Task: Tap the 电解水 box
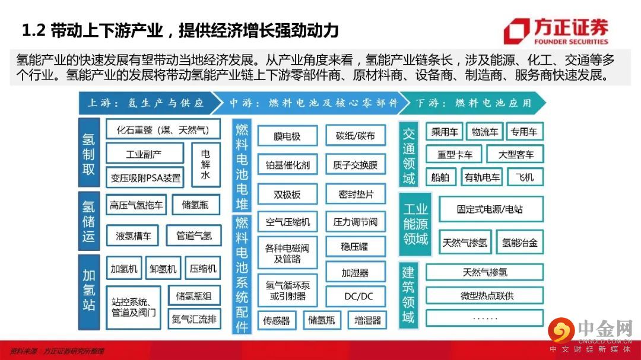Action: [205, 164]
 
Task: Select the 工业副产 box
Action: [144, 154]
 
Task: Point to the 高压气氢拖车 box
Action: [136, 205]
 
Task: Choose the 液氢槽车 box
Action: [133, 235]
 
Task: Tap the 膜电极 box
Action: [287, 136]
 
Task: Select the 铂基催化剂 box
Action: [287, 164]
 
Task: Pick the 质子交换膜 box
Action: [356, 164]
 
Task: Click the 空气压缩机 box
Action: [287, 222]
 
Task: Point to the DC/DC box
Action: [356, 295]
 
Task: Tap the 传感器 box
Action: [277, 320]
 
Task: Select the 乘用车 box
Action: [443, 132]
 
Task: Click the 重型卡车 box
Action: [455, 154]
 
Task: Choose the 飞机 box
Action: [525, 177]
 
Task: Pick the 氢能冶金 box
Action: [519, 242]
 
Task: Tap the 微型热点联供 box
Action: [484, 295]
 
